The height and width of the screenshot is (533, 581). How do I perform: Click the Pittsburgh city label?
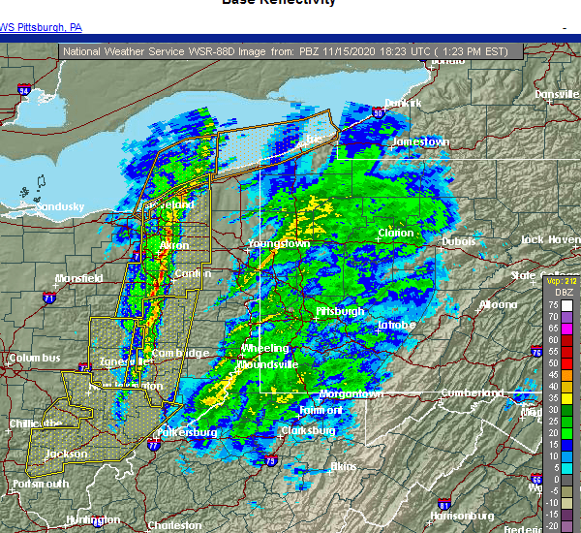(x=340, y=311)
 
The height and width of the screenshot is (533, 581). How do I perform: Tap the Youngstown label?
(x=279, y=243)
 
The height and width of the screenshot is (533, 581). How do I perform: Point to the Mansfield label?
(x=78, y=278)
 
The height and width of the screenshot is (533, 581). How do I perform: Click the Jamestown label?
(x=420, y=141)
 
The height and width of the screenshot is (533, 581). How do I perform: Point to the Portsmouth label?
(x=42, y=484)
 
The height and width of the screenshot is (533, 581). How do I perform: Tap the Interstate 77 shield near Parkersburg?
(x=153, y=446)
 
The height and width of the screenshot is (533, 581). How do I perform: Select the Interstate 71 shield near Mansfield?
(x=48, y=299)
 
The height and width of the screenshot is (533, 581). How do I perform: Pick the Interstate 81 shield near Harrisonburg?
(x=443, y=503)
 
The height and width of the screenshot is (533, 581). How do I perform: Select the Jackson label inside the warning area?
(x=66, y=454)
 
